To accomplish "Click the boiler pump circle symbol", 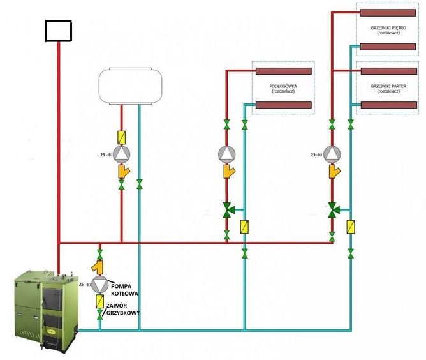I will (99, 285).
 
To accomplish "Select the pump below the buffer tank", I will (122, 154).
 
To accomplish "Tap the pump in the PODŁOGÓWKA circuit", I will (227, 154).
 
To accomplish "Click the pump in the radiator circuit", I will (332, 154).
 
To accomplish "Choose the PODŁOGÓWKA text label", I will (283, 86).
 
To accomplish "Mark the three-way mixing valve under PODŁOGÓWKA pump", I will (228, 209).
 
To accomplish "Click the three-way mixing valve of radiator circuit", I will (332, 209).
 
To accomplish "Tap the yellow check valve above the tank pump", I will (122, 137).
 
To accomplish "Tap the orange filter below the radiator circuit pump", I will (332, 172).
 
